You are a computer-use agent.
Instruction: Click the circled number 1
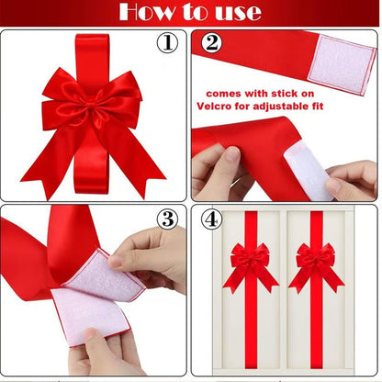tap(168, 43)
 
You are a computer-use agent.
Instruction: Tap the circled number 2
tap(212, 43)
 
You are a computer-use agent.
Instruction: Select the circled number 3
tap(167, 219)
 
